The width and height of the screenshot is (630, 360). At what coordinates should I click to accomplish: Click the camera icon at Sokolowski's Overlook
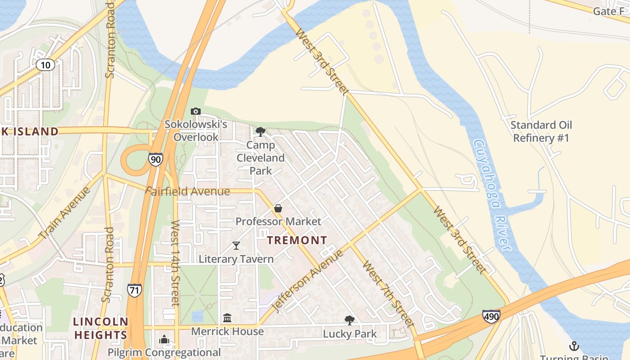tap(195, 111)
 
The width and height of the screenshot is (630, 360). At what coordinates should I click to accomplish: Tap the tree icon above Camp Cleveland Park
tap(260, 131)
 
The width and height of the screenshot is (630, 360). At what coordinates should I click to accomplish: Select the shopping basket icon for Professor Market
tap(278, 208)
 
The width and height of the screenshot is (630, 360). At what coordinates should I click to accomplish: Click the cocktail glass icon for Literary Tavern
tap(236, 245)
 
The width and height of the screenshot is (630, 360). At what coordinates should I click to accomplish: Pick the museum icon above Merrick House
tap(227, 318)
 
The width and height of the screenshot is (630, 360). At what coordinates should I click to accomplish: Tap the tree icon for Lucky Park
tap(349, 320)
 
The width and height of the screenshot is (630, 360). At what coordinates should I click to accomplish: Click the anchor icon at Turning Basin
tap(574, 346)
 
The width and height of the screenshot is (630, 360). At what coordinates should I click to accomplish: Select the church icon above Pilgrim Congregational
tap(164, 339)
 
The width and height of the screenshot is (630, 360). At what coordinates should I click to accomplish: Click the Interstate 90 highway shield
tap(155, 159)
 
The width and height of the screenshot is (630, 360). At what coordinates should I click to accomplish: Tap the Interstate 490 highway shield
tap(491, 316)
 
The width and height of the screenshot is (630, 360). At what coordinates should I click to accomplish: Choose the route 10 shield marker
tap(45, 65)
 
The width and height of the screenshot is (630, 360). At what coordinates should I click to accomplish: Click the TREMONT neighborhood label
tap(297, 240)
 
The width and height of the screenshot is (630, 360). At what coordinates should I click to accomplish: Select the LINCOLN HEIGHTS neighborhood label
tap(101, 328)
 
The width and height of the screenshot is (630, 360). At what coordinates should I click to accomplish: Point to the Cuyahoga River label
tap(493, 195)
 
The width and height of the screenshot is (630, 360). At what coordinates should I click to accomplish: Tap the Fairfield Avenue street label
tap(187, 191)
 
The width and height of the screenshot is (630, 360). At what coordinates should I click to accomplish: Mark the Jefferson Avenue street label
tap(309, 280)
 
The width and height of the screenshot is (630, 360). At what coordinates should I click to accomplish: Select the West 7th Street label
tap(388, 293)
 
